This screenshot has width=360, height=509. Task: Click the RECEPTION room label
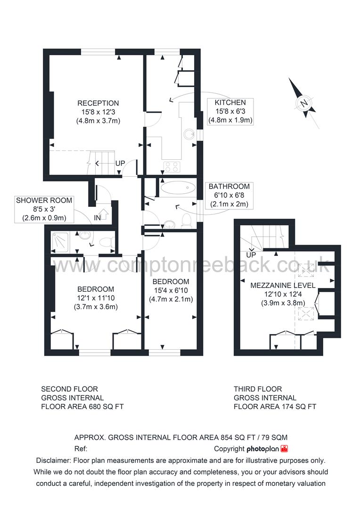click(98, 103)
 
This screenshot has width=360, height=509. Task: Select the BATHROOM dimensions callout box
click(229, 196)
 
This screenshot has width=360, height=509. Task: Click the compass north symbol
click(304, 103)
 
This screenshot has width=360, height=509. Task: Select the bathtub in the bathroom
click(178, 188)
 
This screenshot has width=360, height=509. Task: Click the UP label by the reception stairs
click(120, 164)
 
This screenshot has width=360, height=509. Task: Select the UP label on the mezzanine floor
click(251, 255)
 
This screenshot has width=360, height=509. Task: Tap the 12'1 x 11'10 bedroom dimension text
click(96, 298)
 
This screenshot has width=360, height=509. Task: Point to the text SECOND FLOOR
click(70, 389)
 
